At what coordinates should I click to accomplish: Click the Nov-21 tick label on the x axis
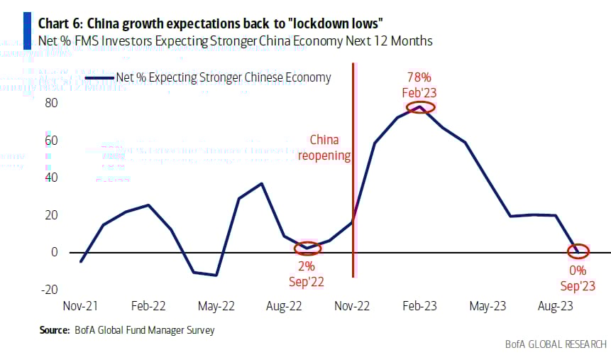[x=81, y=307]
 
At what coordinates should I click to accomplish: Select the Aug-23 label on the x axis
[x=556, y=307]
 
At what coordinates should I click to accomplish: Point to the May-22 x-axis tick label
[x=217, y=307]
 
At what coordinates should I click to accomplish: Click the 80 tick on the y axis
[x=51, y=104]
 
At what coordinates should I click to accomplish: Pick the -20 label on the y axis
[x=49, y=290]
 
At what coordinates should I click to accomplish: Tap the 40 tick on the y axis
[x=51, y=178]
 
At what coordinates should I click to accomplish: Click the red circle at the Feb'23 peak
[x=420, y=107]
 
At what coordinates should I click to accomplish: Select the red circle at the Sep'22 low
[x=307, y=249]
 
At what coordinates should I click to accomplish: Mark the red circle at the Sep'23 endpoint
[x=578, y=251]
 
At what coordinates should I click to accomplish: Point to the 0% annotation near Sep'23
[x=578, y=271]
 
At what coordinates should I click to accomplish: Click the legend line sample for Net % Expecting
[x=99, y=77]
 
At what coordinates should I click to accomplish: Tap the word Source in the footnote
[x=53, y=329]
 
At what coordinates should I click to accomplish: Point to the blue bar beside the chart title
[x=26, y=29]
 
